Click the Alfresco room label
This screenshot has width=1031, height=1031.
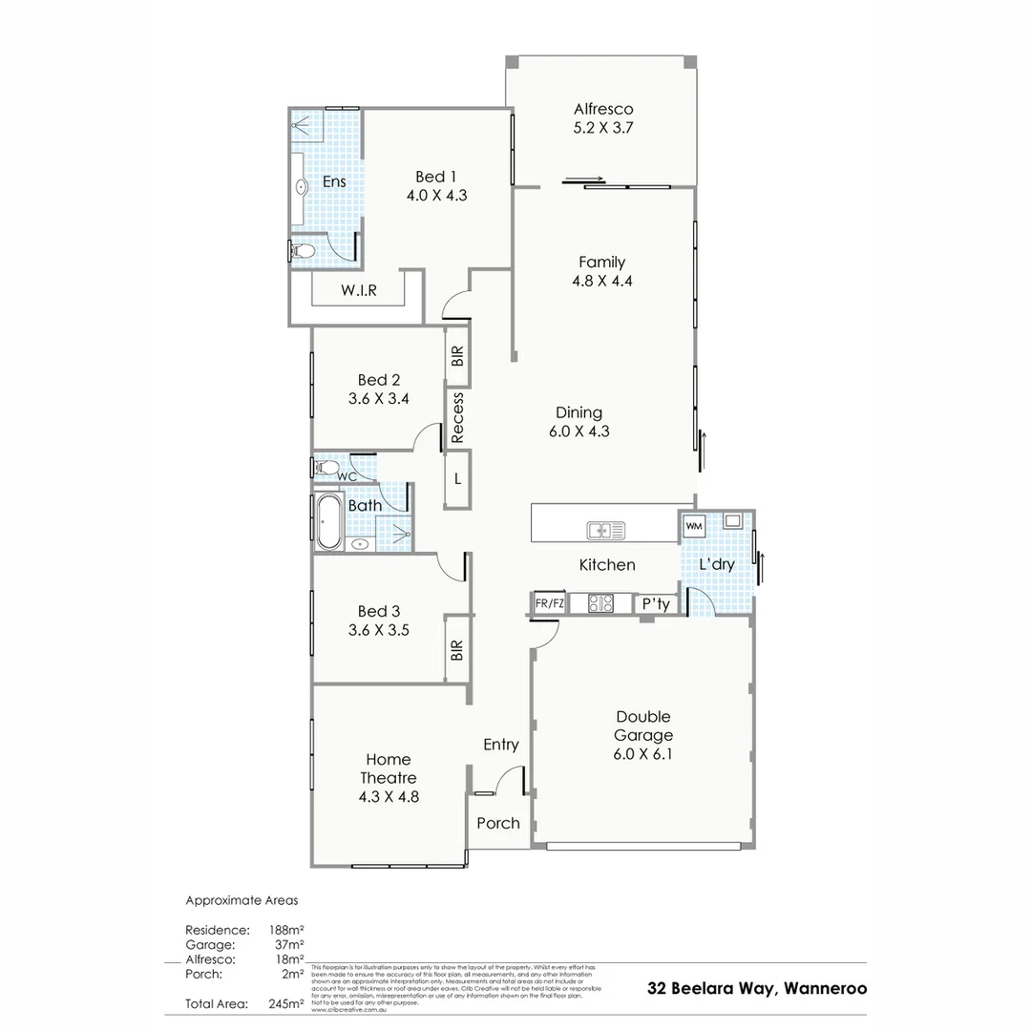coord(602,109)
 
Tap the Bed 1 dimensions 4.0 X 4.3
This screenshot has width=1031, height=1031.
coord(436,195)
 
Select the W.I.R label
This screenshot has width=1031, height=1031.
coord(358,291)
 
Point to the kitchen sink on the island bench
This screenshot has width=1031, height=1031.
coord(604,529)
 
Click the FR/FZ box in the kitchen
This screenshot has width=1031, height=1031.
coord(550,603)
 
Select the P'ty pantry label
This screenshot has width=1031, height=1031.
coord(656,604)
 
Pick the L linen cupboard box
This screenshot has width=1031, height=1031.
coord(457,479)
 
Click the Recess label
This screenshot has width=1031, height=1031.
coord(457,418)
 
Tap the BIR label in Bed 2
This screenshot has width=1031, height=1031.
coord(457,357)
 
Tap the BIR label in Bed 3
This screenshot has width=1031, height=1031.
coord(457,651)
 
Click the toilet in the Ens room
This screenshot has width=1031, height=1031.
coord(302,251)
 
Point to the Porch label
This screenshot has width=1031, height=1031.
coord(498,823)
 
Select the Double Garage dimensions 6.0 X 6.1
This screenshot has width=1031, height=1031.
coord(643,754)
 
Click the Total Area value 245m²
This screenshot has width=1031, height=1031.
coord(286,1003)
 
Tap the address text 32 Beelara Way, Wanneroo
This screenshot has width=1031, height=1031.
coord(757,989)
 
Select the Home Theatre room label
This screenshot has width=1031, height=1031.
coord(389,768)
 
